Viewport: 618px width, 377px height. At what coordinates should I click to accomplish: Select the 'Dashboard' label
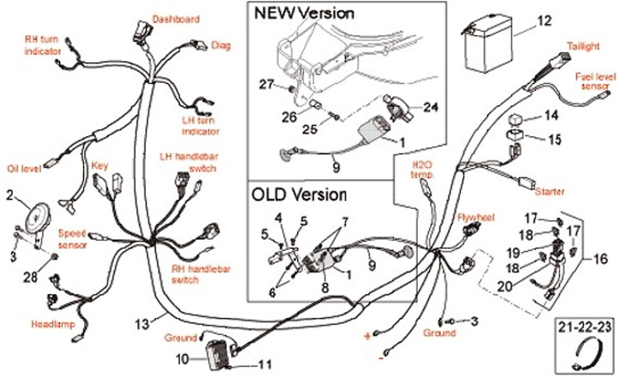176,18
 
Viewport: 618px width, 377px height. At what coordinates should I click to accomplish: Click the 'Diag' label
221,45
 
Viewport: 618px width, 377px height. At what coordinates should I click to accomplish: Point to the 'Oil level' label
24,167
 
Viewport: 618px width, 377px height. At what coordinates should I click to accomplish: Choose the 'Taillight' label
583,45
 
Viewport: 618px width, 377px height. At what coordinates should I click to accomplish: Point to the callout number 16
599,257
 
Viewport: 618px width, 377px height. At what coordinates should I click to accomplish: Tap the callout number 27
265,83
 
